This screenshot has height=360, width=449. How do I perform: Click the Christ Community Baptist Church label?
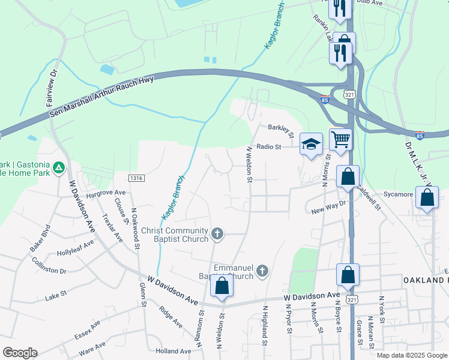pyautogui.click(x=175, y=234)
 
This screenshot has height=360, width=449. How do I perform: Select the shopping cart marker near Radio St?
pyautogui.click(x=340, y=140)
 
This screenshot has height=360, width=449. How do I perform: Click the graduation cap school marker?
pyautogui.click(x=311, y=145)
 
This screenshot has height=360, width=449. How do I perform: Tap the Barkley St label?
pyautogui.click(x=280, y=128)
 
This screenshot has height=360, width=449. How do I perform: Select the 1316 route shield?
pyautogui.click(x=136, y=178)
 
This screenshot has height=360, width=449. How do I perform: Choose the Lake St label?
pyautogui.click(x=54, y=297)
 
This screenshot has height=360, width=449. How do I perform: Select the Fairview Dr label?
pyautogui.click(x=52, y=87)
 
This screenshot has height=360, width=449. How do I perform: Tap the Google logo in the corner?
pyautogui.click(x=20, y=353)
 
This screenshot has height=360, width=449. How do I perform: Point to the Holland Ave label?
pyautogui.click(x=173, y=351)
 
